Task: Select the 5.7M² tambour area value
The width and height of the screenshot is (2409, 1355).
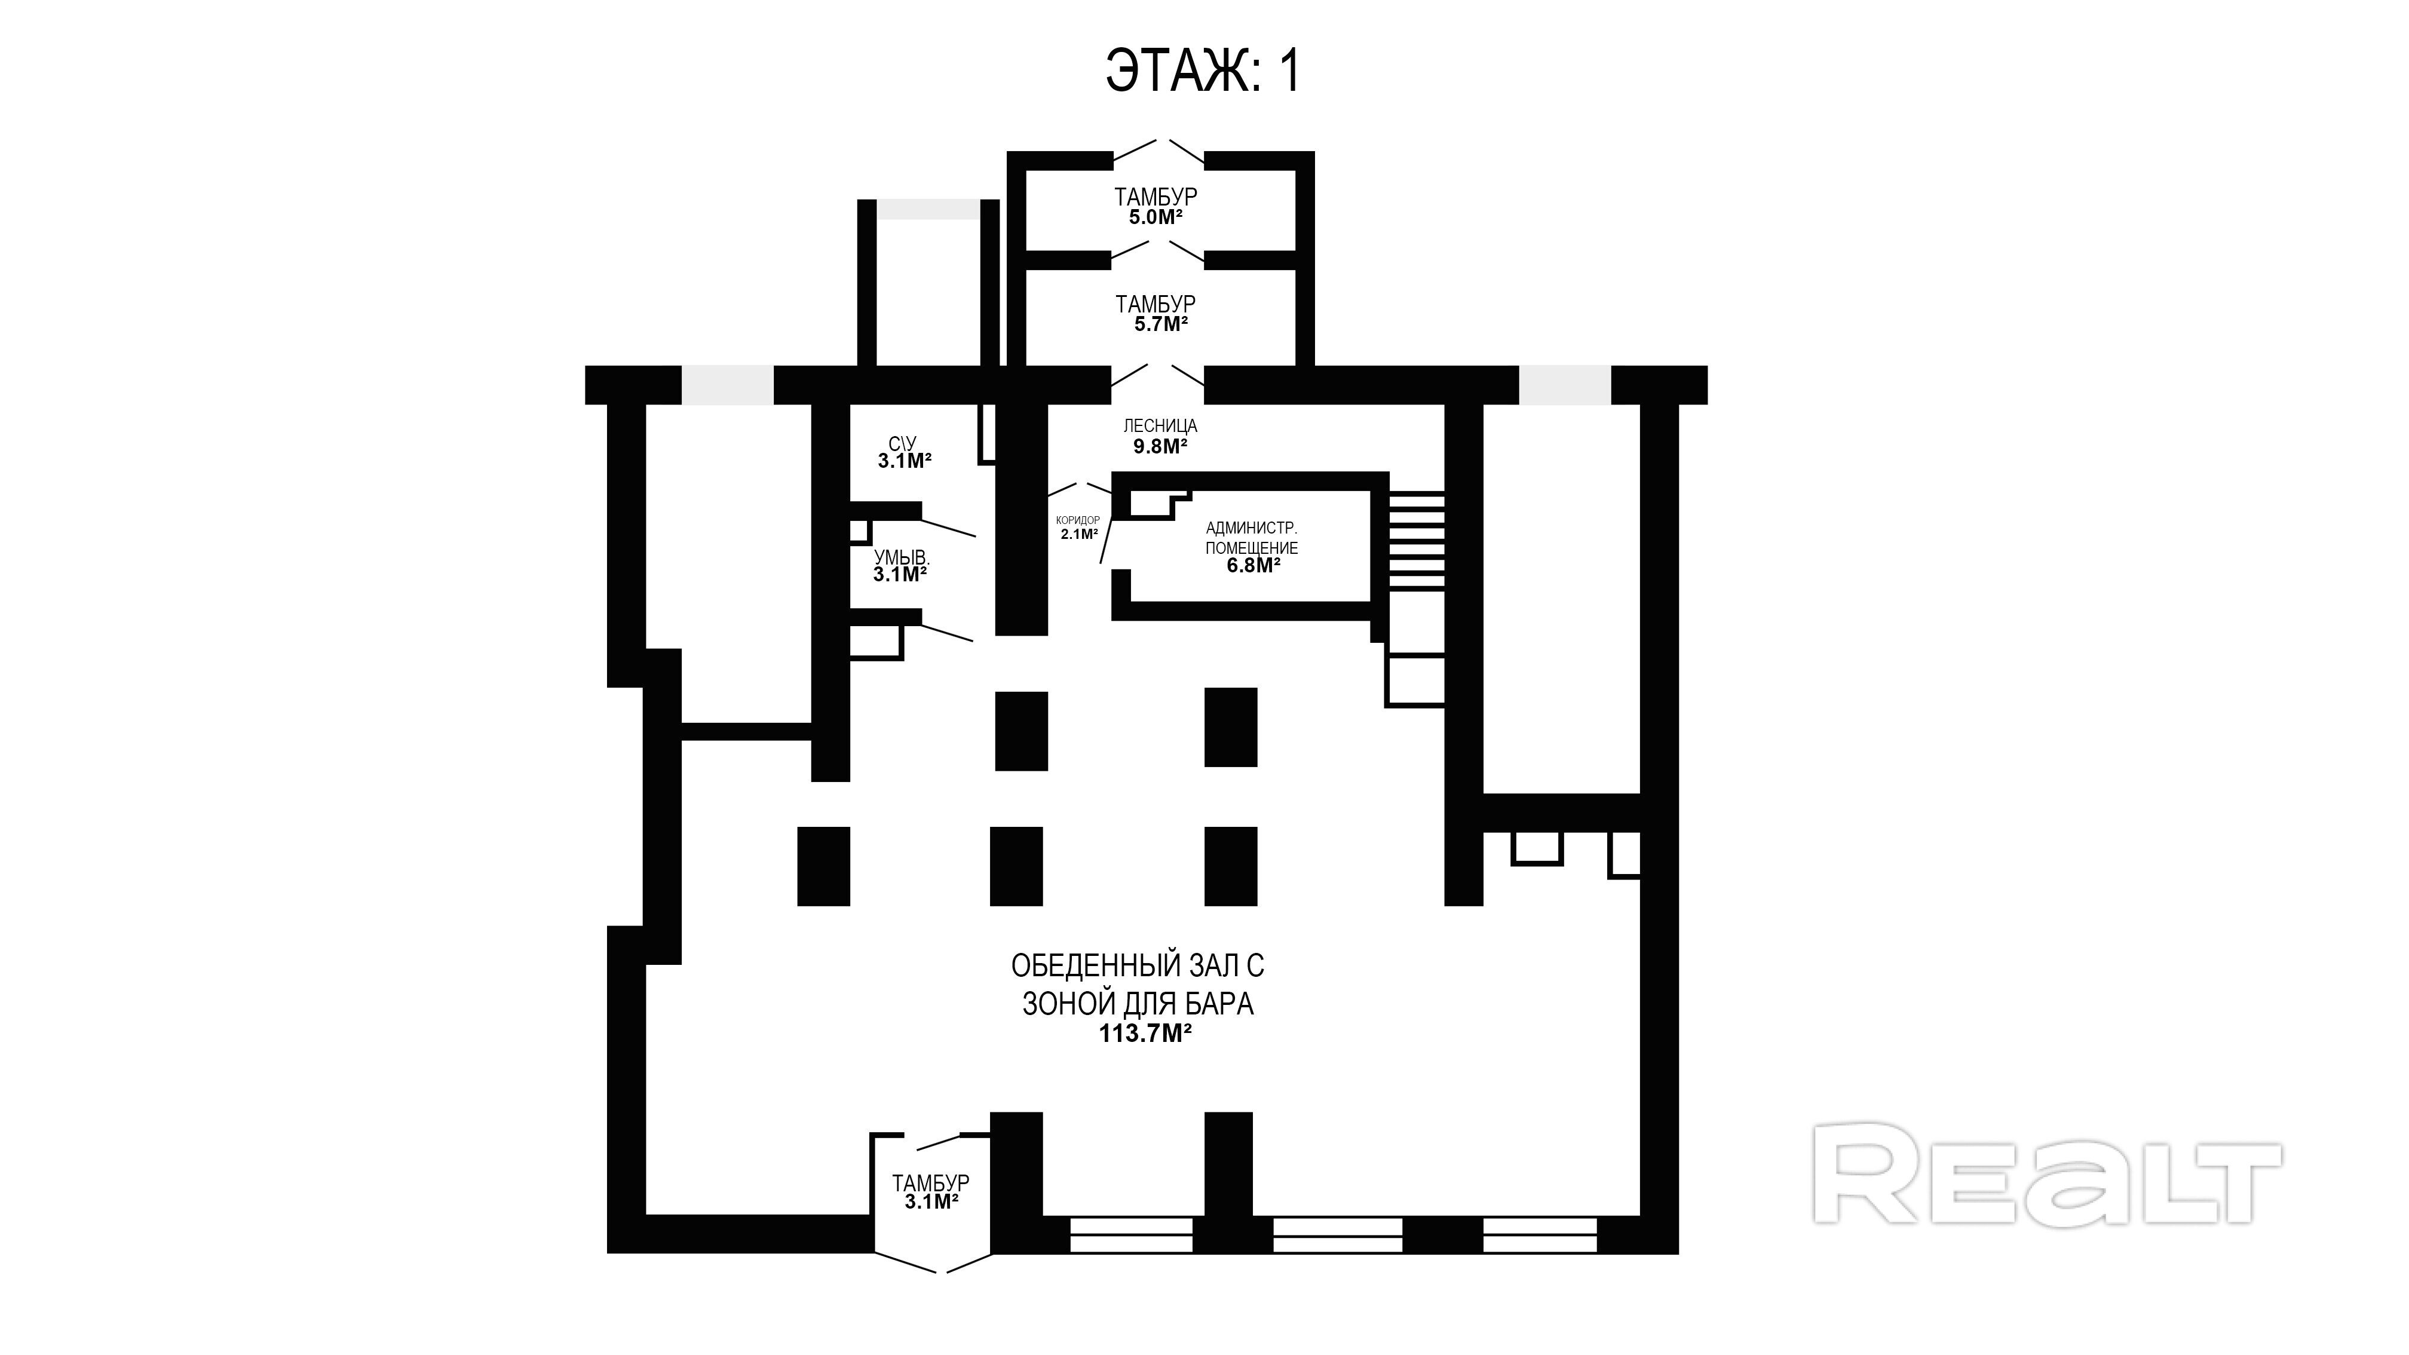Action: tap(1160, 324)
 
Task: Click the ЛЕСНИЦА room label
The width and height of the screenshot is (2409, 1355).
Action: tap(1160, 425)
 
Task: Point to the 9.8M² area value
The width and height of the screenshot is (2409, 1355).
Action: tap(1160, 447)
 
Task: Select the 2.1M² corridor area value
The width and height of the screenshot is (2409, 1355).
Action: tap(1079, 535)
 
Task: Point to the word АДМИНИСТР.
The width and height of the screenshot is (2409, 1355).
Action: tap(1251, 528)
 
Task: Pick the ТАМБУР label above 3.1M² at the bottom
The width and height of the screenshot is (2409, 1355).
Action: tap(930, 1183)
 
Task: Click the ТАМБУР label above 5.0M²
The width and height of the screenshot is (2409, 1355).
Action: tap(1156, 197)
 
